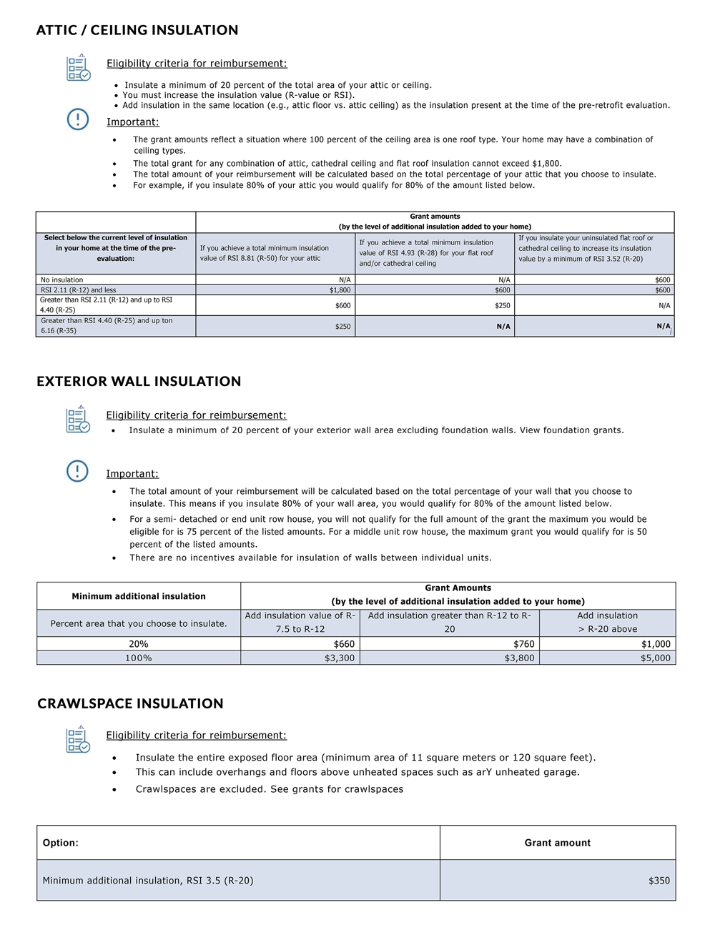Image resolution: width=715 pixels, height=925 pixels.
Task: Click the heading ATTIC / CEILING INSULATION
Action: coord(137,30)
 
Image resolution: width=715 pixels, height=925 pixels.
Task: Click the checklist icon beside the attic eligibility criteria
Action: coord(78,68)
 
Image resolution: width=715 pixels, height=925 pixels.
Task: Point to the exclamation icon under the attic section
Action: coord(78,119)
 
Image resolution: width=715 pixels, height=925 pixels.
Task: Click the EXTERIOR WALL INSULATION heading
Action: coord(139,381)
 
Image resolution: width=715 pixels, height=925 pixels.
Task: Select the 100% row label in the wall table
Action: coord(139,658)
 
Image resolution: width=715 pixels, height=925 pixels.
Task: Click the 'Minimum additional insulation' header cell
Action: coord(139,596)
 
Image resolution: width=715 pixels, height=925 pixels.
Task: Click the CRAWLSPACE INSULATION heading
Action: coord(130,703)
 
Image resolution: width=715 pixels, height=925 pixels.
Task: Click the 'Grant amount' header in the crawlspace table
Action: coord(558,843)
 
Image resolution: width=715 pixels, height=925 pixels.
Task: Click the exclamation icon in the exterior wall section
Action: coord(77,471)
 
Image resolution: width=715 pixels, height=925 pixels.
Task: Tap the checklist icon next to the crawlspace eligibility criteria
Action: coord(78,740)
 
